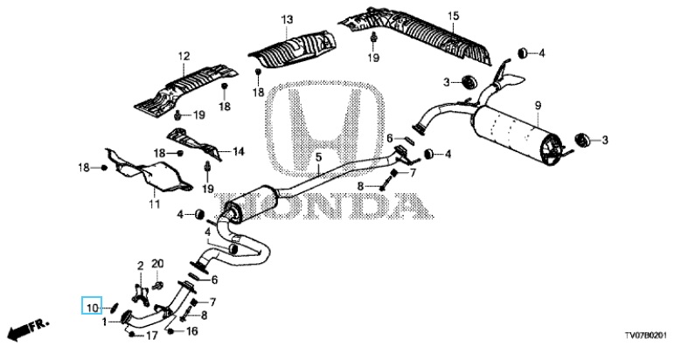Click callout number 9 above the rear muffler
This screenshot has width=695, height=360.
coord(539,106)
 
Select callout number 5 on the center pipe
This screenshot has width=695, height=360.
coord(318,157)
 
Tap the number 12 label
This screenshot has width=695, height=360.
coord(184,58)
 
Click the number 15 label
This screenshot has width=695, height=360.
coord(453,17)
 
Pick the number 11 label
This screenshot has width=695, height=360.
coord(154,205)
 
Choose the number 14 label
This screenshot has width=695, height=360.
coord(239,151)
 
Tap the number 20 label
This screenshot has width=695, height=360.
coord(158,263)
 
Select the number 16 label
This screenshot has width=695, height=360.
coord(192,331)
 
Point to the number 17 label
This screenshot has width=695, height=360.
coord(151,335)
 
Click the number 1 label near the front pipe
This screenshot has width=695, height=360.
coord(106,322)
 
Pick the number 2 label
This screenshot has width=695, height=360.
coord(138,264)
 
